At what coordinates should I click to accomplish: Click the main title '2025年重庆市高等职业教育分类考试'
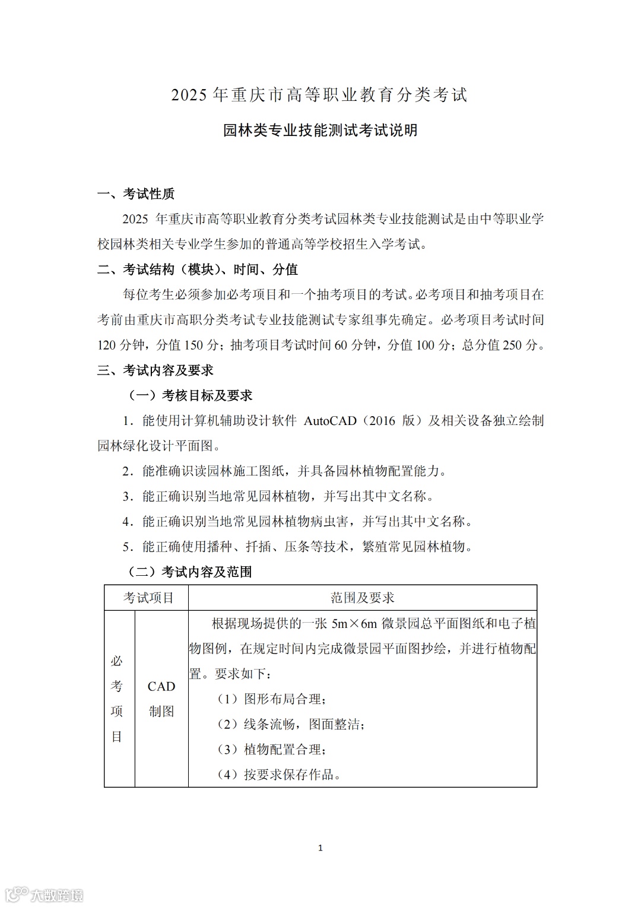pyautogui.click(x=319, y=95)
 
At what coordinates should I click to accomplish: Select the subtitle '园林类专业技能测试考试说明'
pyautogui.click(x=320, y=130)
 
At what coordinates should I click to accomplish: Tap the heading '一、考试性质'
pyautogui.click(x=136, y=194)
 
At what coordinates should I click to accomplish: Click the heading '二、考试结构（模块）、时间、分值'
pyautogui.click(x=198, y=269)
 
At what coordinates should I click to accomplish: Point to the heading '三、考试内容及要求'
pyautogui.click(x=156, y=370)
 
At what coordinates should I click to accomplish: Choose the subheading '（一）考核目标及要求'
pyautogui.click(x=191, y=395)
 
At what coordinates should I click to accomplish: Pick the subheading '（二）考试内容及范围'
pyautogui.click(x=191, y=572)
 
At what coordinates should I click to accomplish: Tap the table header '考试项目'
pyautogui.click(x=148, y=598)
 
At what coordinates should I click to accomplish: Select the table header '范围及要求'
pyautogui.click(x=362, y=598)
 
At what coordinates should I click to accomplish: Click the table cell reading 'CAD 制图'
pyautogui.click(x=161, y=699)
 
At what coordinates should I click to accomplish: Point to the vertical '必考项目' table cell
pyautogui.click(x=117, y=699)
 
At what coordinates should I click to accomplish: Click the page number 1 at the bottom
pyautogui.click(x=320, y=848)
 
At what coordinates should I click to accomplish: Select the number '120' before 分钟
pyautogui.click(x=107, y=345)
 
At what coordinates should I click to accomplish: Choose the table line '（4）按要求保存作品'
pyautogui.click(x=279, y=775)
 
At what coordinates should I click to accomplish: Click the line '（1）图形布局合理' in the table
pyautogui.click(x=272, y=699)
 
